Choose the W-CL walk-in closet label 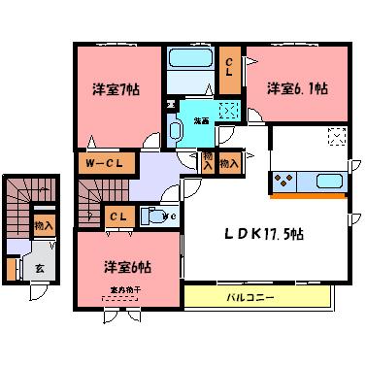point(101,165)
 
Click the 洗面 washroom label point(200,120)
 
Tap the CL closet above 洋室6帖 point(117,216)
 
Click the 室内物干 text point(116,291)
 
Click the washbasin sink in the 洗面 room point(179,130)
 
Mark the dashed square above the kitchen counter point(337,136)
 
